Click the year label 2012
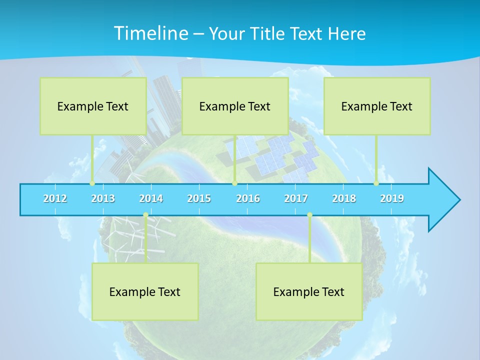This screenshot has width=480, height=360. pos(55,198)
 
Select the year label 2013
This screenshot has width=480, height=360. pos(103,198)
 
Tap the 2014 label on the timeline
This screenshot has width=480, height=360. pos(151,198)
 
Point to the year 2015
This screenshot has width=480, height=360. pos(199,198)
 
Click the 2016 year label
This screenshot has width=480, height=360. pos(248,198)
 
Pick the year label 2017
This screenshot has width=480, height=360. pos(296,198)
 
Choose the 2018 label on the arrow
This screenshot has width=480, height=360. pos(344,198)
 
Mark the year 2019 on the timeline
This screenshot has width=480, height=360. pos(392,198)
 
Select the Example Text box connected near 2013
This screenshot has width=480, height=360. pos(93,106)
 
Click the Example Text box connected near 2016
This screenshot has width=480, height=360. pos(235,106)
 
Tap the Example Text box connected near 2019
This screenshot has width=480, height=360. pos(377,106)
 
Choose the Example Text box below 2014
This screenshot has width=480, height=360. pos(145,291)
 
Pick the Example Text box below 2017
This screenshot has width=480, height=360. pos(309,291)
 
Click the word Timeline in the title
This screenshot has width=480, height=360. pos(150,33)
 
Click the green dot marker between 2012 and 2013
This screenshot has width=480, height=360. pos(92,183)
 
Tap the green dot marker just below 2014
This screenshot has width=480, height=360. pos(145,215)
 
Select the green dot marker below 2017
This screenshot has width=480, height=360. pos(309,215)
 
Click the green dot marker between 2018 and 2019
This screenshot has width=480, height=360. pos(376,183)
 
